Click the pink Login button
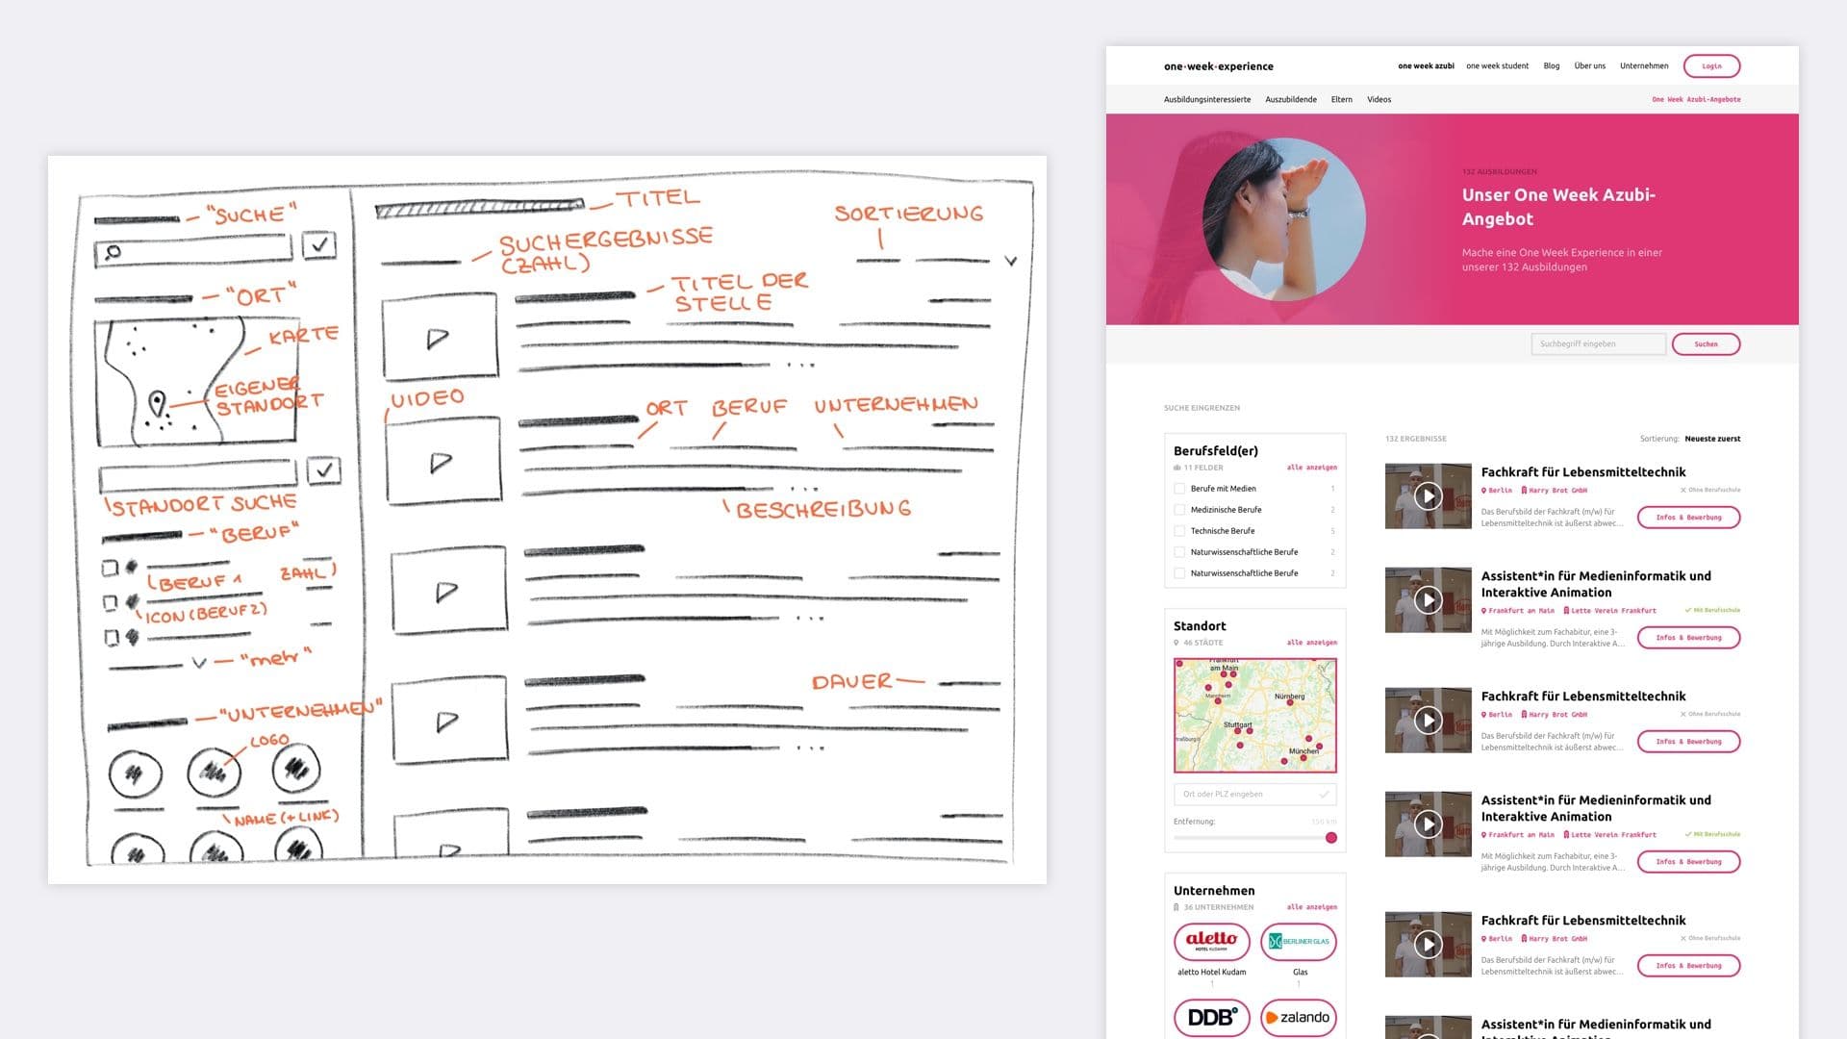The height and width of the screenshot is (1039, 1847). (1711, 66)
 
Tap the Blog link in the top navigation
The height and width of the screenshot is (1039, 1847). (1551, 66)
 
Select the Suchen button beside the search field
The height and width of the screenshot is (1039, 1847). (1706, 344)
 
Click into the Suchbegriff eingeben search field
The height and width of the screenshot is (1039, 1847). (1597, 344)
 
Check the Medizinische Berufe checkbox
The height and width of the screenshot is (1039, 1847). (1179, 510)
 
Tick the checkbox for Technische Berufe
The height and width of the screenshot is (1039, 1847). (1179, 531)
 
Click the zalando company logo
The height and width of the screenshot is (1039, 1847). (1298, 1018)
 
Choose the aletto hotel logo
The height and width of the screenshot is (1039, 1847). (1211, 941)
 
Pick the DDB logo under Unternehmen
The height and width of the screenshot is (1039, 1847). (1211, 1018)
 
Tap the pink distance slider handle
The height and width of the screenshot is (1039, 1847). (1331, 838)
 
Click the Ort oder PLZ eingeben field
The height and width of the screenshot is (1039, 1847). (1246, 795)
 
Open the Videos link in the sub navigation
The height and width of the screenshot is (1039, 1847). (1379, 100)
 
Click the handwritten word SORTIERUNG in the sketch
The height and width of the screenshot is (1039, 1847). (908, 214)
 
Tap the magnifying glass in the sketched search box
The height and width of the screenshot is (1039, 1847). (114, 252)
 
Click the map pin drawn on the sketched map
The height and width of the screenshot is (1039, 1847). (157, 402)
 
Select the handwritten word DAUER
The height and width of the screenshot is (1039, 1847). (851, 682)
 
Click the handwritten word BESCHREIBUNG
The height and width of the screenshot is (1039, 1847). (823, 509)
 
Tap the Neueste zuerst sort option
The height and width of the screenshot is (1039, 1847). (1712, 439)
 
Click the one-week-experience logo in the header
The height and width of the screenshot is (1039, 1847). (1218, 66)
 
